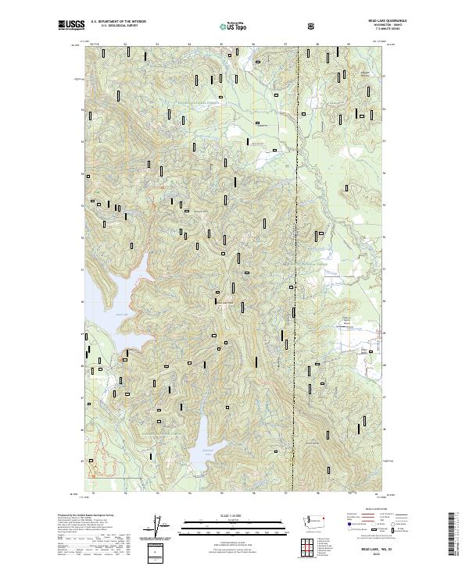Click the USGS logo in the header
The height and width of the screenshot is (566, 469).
[x=71, y=26]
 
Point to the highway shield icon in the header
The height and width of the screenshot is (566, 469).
[x=311, y=26]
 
